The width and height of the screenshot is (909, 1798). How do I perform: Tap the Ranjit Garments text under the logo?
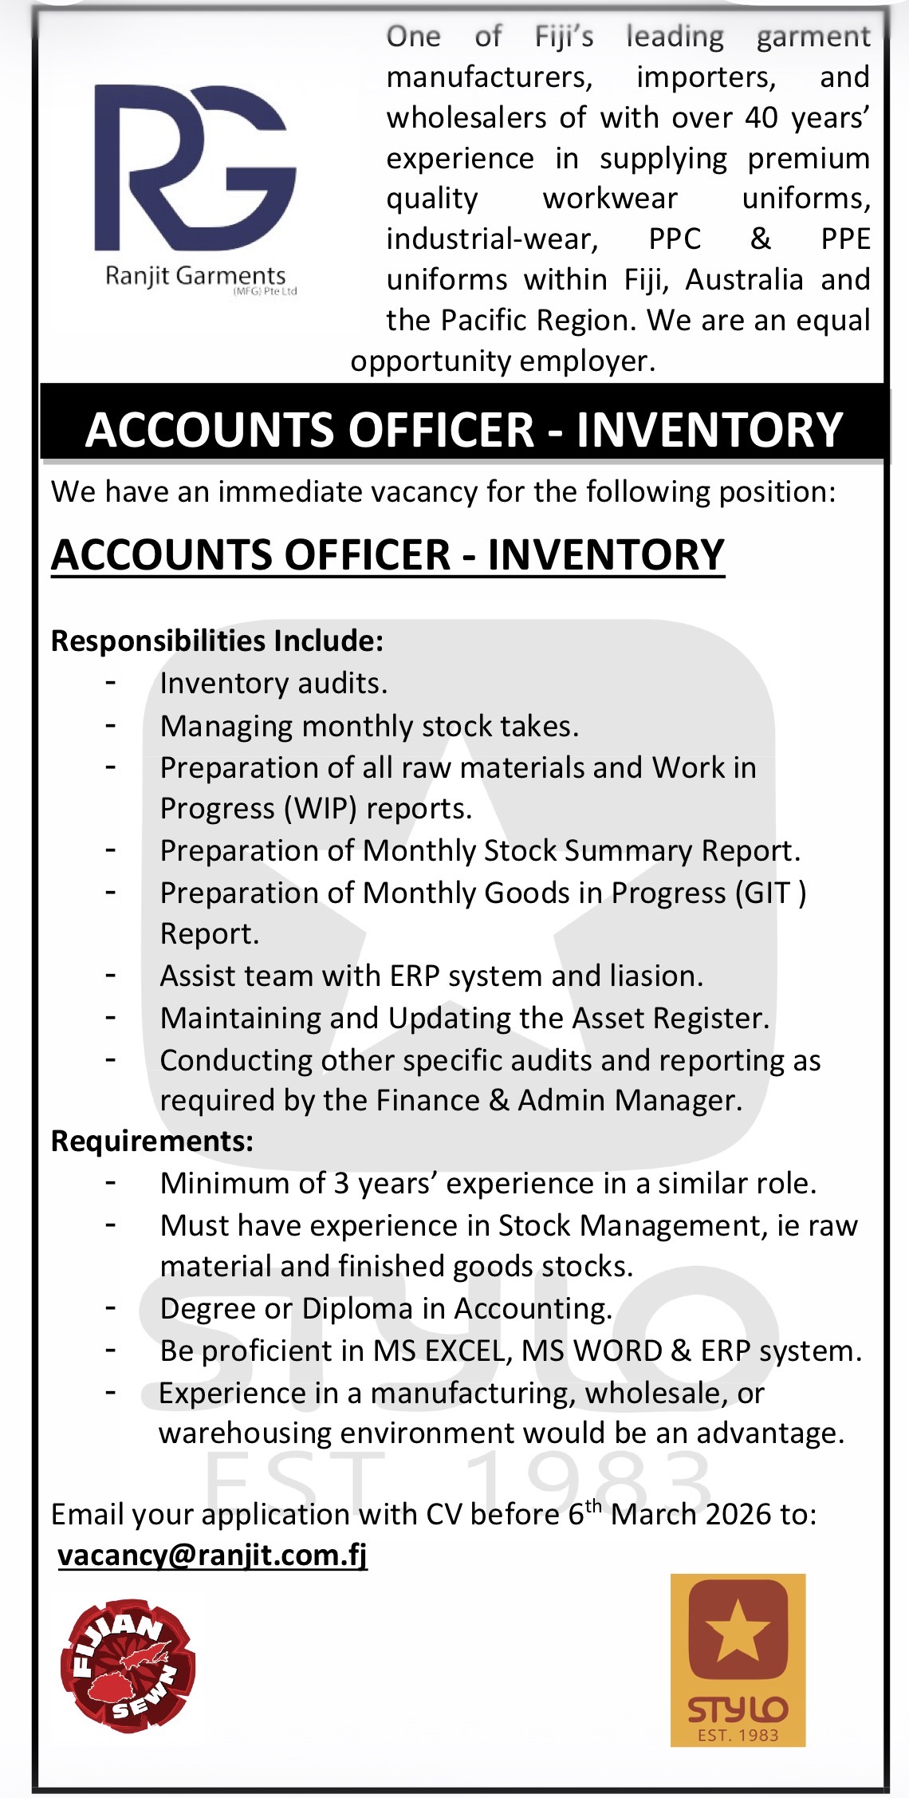pos(195,276)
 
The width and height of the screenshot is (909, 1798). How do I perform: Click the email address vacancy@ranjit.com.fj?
pos(213,1556)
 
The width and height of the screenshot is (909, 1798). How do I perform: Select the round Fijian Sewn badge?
pos(128,1666)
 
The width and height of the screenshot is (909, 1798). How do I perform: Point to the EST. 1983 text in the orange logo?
pos(738,1735)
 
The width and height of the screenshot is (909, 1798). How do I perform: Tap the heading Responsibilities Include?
pos(217,641)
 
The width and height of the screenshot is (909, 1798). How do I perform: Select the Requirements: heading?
pos(152,1141)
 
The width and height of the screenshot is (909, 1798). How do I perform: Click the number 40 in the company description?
pos(761,117)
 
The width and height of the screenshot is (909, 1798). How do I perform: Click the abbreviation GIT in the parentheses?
pos(767,893)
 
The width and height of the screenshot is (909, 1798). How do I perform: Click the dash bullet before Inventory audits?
pos(111,683)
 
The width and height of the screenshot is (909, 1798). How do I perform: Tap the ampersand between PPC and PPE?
pos(761,239)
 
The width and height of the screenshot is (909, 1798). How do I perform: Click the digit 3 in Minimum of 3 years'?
pos(341,1184)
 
